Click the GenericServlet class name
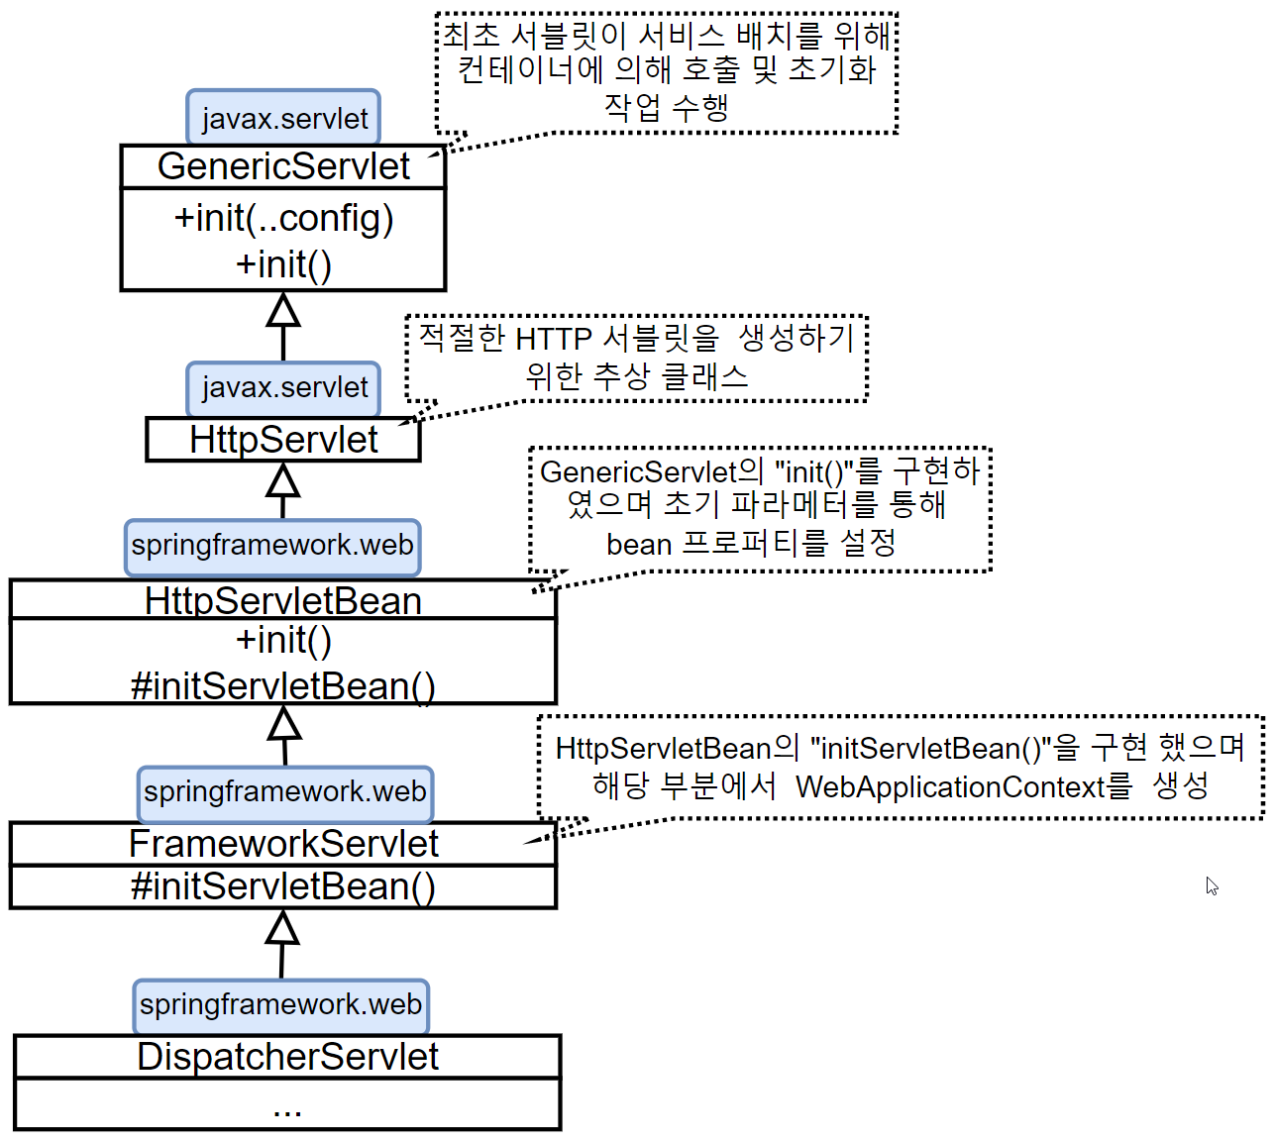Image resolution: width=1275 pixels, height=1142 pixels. [x=283, y=166]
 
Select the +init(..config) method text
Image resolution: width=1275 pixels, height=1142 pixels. [x=283, y=218]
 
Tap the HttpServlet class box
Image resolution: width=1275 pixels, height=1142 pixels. [x=283, y=440]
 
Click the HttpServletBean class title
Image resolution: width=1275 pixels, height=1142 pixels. [x=283, y=601]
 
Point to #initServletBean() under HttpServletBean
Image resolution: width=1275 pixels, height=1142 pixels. [x=283, y=685]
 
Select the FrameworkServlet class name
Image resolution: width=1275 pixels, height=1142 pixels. [x=283, y=844]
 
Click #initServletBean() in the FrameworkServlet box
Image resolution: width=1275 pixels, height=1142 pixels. [x=283, y=886]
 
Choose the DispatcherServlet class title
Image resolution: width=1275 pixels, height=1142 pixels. [x=287, y=1057]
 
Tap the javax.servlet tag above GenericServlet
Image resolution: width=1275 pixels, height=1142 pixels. [x=284, y=119]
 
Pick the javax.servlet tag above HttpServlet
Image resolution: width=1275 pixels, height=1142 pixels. [x=284, y=387]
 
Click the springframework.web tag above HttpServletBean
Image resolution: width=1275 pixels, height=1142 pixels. [x=272, y=546]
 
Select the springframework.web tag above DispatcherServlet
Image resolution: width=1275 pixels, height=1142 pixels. [x=281, y=1004]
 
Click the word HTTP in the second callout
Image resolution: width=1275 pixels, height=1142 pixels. [x=554, y=339]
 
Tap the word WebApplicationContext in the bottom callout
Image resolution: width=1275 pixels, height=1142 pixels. [x=950, y=786]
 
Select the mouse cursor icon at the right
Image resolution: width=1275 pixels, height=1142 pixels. [x=1212, y=885]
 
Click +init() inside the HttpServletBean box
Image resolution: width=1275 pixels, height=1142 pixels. [x=283, y=641]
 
